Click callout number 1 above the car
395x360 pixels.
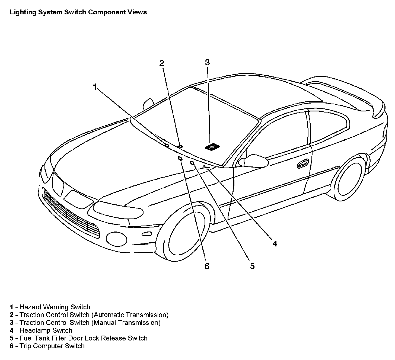tap(95, 87)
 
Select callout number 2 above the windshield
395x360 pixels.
tap(162, 63)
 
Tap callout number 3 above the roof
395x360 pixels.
tap(207, 63)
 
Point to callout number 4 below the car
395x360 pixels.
tap(275, 244)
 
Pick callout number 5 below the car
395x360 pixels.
tap(252, 266)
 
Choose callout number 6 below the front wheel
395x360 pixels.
tap(207, 266)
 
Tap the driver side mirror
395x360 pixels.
tap(253, 161)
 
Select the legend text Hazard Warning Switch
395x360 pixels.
tap(55, 307)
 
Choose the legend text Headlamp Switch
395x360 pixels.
tap(46, 330)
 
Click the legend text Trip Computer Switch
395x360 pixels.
tap(52, 346)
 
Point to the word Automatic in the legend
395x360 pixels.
tap(109, 315)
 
